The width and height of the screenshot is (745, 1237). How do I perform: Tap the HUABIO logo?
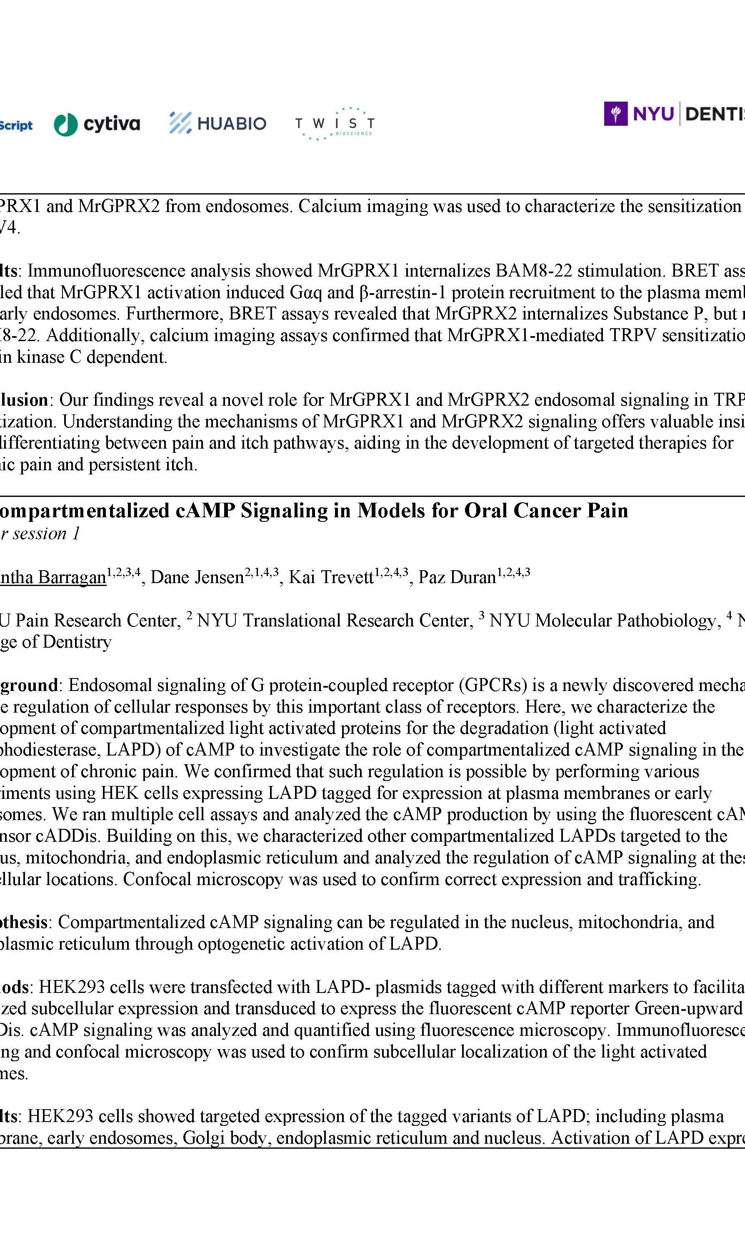[217, 123]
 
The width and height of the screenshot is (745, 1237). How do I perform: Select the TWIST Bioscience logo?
[334, 123]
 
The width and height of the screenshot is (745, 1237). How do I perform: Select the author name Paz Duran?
[457, 578]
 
